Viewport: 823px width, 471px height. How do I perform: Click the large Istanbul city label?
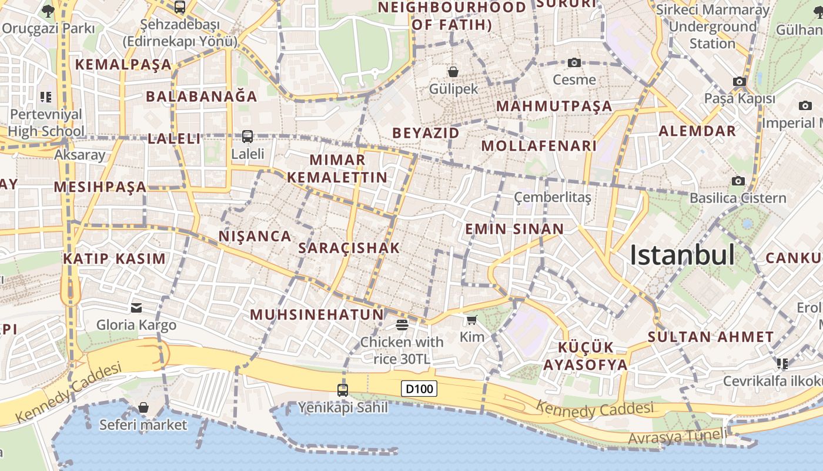coord(682,255)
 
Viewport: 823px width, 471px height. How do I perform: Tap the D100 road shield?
coord(419,389)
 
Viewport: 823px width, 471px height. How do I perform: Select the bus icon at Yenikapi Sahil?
coord(343,390)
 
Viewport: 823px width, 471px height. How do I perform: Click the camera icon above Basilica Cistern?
coord(738,181)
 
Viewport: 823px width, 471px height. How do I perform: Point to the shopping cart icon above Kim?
coord(471,320)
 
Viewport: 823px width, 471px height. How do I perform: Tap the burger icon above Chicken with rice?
coord(402,324)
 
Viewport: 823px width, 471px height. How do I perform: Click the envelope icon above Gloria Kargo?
coord(136,307)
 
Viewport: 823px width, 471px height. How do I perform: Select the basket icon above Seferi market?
coord(143,407)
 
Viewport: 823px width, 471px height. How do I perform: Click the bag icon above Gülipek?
coord(453,72)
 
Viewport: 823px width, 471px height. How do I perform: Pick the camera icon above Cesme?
coord(574,62)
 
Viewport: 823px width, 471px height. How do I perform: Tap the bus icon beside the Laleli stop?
coord(247,137)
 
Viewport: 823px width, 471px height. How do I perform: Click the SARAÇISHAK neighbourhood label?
coord(349,248)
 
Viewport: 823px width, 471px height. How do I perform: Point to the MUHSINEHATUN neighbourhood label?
coord(317,314)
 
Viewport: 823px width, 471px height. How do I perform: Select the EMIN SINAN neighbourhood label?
coord(514,229)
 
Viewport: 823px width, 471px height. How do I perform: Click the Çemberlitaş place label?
coord(553,197)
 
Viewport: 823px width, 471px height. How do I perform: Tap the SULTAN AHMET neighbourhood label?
coord(711,337)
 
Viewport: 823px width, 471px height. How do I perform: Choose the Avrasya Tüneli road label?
coord(676,437)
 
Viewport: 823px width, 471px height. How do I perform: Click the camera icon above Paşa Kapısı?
coord(740,82)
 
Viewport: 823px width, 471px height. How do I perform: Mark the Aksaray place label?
coord(80,155)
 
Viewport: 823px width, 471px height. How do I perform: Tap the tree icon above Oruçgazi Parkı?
coord(48,11)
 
